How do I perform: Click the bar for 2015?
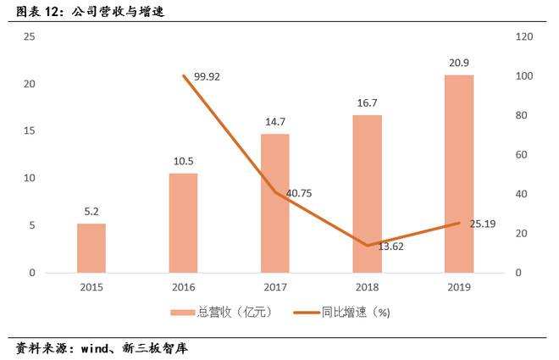pos(91,248)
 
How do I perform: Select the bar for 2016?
pos(183,223)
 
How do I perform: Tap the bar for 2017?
pos(274,203)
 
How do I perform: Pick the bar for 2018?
pos(367,194)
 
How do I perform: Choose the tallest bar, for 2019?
pos(458,174)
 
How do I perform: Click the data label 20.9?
pos(458,64)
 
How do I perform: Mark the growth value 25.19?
pos(482,224)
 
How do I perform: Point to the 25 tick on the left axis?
pos(30,37)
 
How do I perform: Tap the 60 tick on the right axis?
pos(523,155)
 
